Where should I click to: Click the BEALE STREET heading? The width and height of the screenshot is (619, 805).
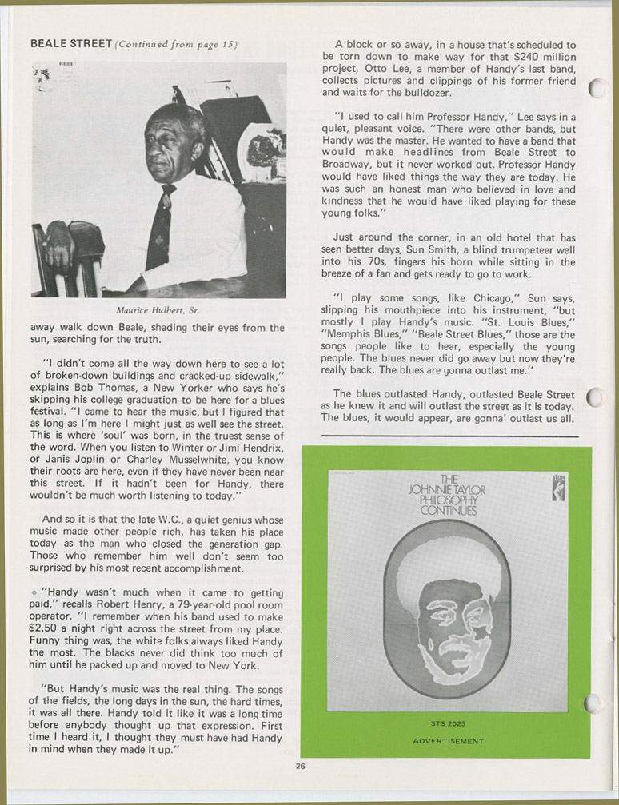(x=70, y=43)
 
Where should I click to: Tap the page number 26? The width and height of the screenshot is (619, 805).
(x=300, y=766)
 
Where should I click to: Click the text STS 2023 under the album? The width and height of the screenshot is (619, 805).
(x=448, y=725)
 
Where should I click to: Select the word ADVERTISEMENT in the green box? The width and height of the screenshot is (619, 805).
(x=448, y=741)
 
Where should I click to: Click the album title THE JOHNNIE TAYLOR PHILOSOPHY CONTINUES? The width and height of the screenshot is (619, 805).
(x=447, y=495)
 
